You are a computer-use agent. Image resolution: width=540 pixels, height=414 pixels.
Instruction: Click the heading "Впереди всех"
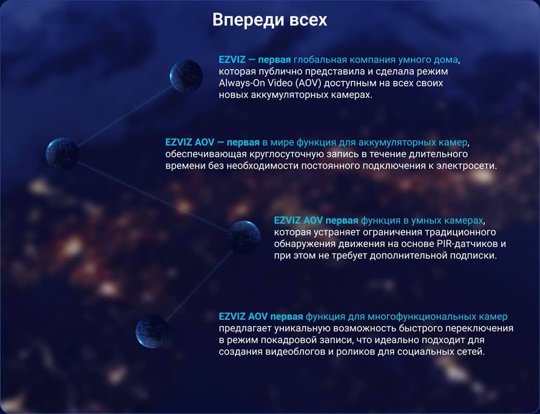tap(270, 20)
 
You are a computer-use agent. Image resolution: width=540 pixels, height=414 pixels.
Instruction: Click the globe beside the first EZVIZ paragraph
tap(186, 76)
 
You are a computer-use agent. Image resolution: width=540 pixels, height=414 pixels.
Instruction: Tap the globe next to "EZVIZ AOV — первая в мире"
tap(63, 153)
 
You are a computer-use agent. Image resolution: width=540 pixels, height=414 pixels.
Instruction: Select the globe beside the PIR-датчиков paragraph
tap(244, 237)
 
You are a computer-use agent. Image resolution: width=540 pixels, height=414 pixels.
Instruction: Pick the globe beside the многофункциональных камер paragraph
tap(152, 331)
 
